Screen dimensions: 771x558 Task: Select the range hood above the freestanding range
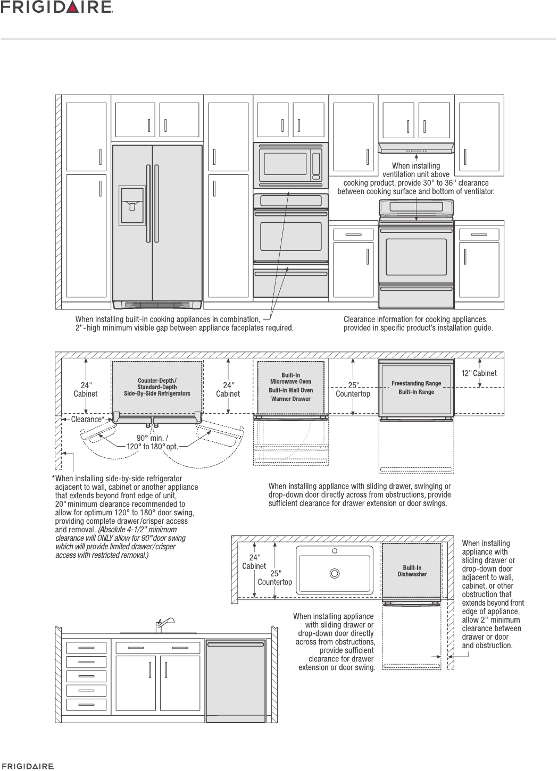pyautogui.click(x=416, y=147)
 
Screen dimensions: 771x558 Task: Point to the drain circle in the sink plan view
pyautogui.click(x=335, y=573)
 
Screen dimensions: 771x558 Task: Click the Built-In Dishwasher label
pyautogui.click(x=412, y=571)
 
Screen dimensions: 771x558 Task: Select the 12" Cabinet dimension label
pyautogui.click(x=479, y=373)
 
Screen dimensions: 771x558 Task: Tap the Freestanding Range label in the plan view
pyautogui.click(x=416, y=383)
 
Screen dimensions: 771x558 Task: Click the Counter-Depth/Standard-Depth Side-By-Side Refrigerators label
pyautogui.click(x=157, y=387)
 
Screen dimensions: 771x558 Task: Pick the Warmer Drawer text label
pyautogui.click(x=290, y=399)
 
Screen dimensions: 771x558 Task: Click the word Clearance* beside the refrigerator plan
pyautogui.click(x=87, y=420)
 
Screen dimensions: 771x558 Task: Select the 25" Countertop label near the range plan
pyautogui.click(x=353, y=390)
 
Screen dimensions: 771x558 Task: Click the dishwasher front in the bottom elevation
pyautogui.click(x=236, y=681)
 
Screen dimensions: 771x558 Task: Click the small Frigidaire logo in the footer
pyautogui.click(x=27, y=767)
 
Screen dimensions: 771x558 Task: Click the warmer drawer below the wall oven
pyautogui.click(x=290, y=282)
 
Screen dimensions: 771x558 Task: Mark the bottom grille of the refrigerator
pyautogui.click(x=157, y=305)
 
